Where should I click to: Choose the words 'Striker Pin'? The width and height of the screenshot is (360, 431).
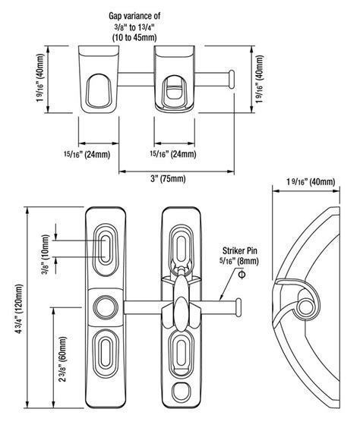point(242,250)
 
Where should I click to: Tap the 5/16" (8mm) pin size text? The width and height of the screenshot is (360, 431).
point(241,261)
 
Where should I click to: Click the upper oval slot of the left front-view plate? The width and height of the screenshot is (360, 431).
point(106,247)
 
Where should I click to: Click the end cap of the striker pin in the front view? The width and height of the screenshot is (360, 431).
point(241,307)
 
